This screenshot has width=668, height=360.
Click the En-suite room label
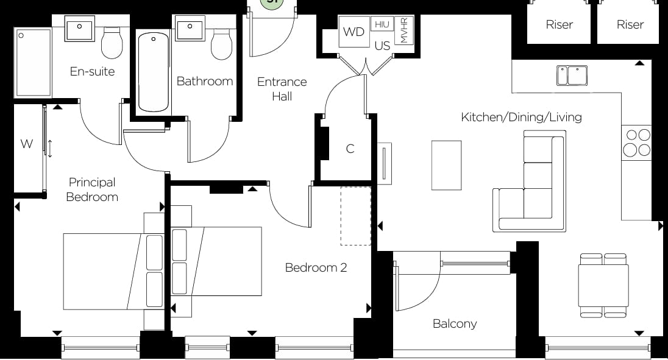(92, 71)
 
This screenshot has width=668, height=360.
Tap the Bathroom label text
(205, 81)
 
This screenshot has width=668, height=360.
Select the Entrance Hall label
(282, 89)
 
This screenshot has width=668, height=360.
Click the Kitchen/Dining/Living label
(521, 117)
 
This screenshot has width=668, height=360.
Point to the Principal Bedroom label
(92, 189)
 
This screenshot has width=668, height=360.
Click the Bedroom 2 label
(316, 267)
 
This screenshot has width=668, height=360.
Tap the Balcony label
(455, 323)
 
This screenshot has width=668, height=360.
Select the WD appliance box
(354, 32)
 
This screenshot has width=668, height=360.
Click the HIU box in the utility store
(382, 24)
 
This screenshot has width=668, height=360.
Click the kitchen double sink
(571, 76)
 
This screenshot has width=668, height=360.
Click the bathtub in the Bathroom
(153, 72)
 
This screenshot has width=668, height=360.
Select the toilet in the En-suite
(112, 43)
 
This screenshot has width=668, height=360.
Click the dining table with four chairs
(603, 285)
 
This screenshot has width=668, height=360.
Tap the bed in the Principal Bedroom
(113, 271)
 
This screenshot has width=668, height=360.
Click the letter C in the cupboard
(350, 149)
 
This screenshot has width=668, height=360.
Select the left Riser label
(559, 24)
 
